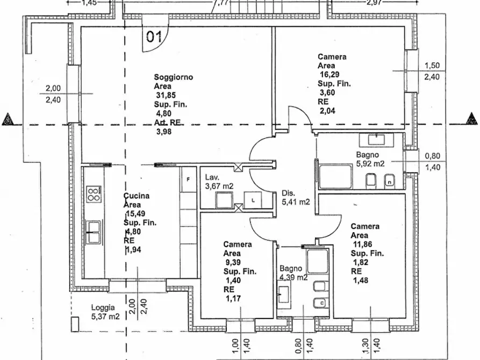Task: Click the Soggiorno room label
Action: point(173,77)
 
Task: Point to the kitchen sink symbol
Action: point(94,232)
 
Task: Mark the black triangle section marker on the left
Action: point(8,119)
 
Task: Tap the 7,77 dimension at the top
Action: point(221,3)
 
